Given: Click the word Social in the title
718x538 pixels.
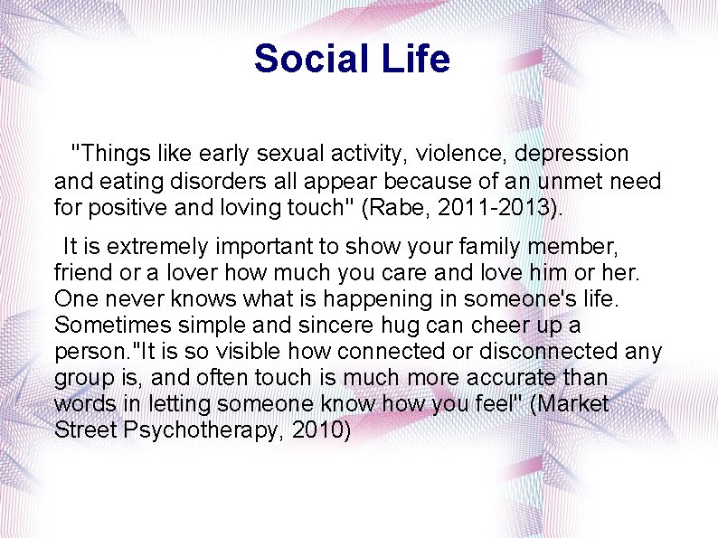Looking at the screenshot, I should point(307,59).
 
